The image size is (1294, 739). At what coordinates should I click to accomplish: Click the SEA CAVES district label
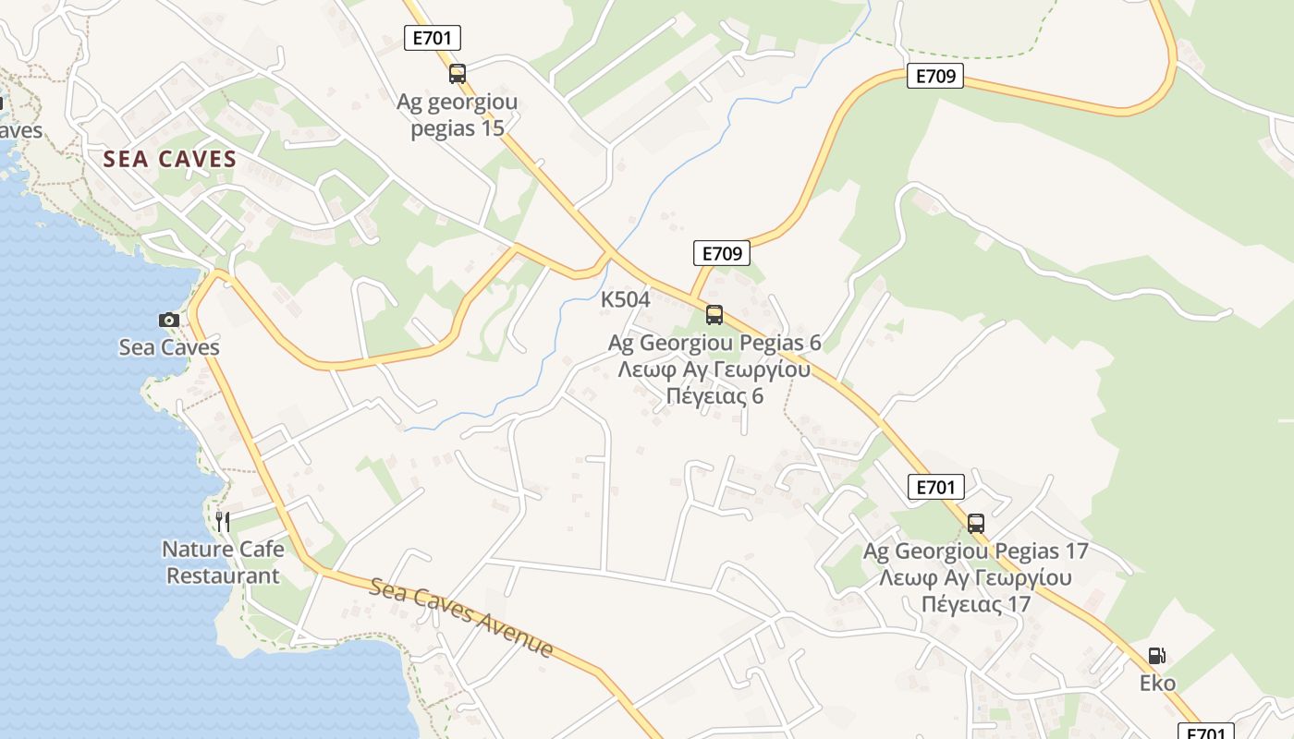click(170, 159)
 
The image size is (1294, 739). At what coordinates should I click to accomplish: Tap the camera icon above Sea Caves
click(168, 320)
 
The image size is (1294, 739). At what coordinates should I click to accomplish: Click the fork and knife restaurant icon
click(223, 521)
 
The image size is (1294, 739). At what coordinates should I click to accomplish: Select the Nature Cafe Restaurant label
click(223, 562)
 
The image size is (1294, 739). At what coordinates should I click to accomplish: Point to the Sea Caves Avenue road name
click(462, 617)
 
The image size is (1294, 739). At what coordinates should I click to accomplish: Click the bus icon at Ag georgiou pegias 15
click(458, 74)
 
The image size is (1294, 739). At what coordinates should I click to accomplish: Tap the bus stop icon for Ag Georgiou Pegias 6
click(714, 314)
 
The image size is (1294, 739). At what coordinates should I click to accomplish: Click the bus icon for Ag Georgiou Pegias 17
click(976, 524)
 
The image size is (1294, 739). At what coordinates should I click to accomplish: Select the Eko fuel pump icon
click(1156, 656)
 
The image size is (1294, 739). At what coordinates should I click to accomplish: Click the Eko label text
click(1157, 684)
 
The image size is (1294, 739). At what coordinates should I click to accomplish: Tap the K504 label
click(626, 299)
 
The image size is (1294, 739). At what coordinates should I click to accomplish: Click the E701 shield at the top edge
click(433, 38)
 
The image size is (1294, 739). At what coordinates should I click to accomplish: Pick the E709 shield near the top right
click(935, 76)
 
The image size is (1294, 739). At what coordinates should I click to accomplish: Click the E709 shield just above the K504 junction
click(721, 253)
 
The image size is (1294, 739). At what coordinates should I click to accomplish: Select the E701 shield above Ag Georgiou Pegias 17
click(935, 487)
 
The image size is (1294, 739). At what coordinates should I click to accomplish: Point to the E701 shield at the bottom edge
click(1208, 732)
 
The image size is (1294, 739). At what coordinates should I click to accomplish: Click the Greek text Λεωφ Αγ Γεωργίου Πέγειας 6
click(714, 382)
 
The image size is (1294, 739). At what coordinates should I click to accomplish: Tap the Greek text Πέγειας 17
click(975, 605)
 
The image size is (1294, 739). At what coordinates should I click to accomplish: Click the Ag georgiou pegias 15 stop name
click(458, 115)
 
